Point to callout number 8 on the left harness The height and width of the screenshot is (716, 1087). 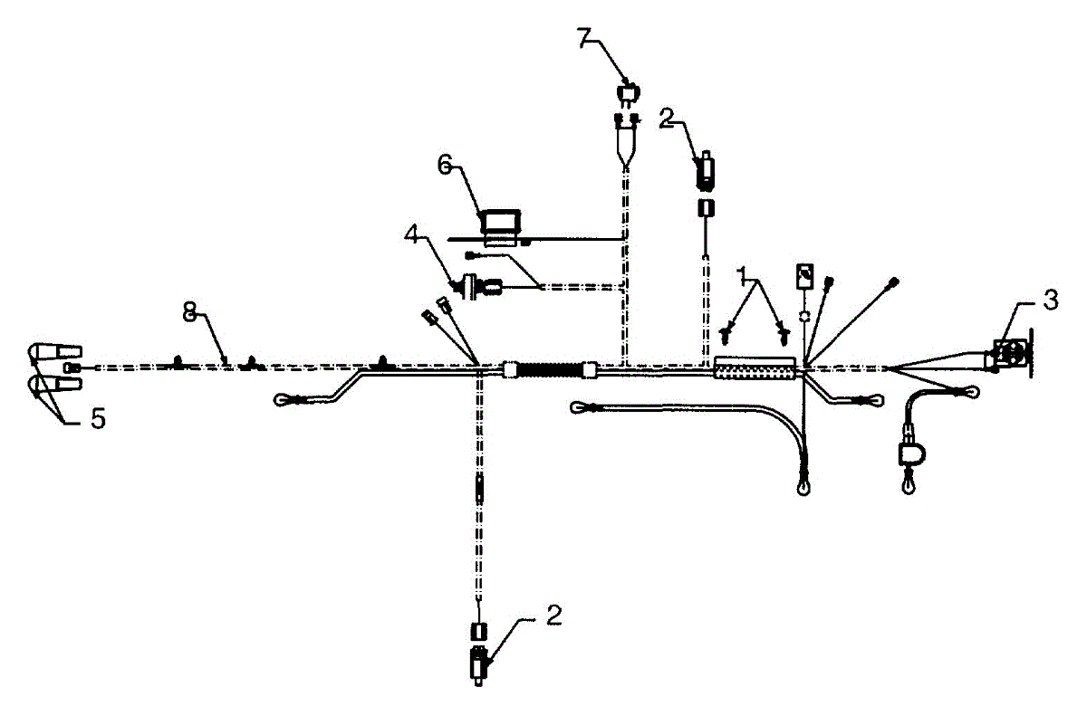189,313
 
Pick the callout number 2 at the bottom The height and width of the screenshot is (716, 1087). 553,616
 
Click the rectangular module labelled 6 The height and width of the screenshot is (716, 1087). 501,224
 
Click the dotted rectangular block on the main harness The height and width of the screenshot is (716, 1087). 755,367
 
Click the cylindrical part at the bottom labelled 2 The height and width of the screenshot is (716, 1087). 477,665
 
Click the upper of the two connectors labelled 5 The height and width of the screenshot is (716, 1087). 56,351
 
